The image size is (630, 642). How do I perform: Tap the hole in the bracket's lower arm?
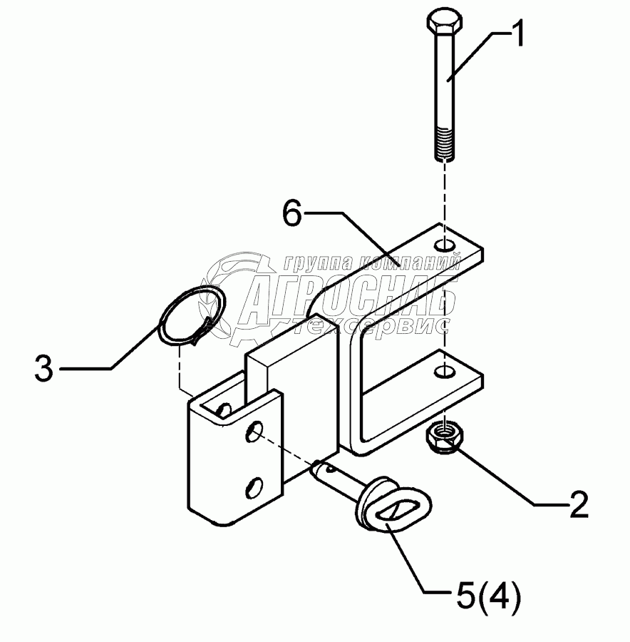click(x=445, y=372)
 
